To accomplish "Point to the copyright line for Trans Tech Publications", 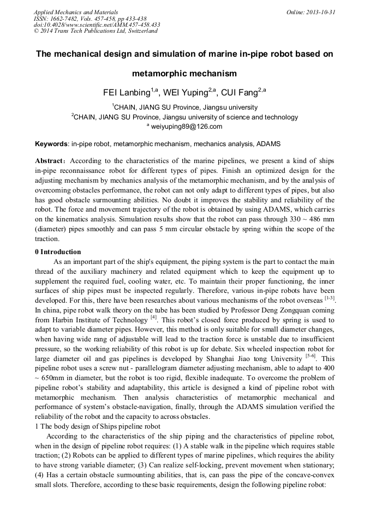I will (x=96, y=31).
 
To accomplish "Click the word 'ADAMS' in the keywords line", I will (x=268, y=144).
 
